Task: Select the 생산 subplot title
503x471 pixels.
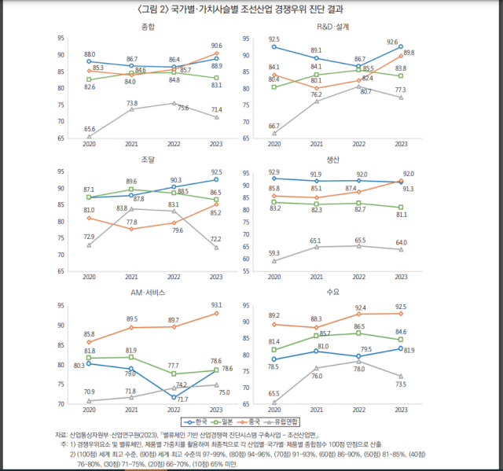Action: click(332, 160)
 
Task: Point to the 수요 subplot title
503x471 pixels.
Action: click(332, 293)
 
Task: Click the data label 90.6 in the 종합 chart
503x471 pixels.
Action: click(217, 46)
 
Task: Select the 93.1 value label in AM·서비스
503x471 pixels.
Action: click(217, 306)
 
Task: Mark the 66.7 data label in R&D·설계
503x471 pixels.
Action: click(274, 126)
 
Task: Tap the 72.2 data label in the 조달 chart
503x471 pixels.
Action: click(216, 238)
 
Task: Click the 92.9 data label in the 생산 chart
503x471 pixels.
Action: click(274, 171)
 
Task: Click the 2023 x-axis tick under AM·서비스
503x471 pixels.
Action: click(216, 410)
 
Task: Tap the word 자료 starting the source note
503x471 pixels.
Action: click(61, 434)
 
